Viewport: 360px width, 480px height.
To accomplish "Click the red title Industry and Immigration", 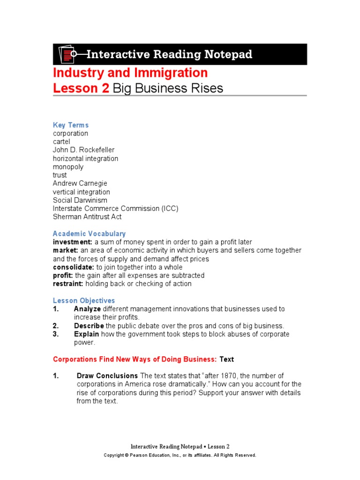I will click(130, 73).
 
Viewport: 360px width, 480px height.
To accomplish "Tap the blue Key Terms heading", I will click(71, 125).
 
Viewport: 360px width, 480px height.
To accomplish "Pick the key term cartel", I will click(61, 142).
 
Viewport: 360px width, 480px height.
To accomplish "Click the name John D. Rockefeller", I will click(83, 150).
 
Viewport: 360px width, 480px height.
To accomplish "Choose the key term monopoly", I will click(68, 167).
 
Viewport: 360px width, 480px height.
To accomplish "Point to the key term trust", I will click(60, 175).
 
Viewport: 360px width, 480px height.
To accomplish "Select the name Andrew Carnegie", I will click(80, 184).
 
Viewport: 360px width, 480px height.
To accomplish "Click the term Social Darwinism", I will click(80, 200).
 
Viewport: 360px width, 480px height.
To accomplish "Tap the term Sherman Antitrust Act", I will click(87, 217).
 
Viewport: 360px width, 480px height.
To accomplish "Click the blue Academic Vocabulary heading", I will click(89, 233).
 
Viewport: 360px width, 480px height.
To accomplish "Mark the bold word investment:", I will click(73, 242).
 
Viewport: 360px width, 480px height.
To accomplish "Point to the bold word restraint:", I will click(69, 284).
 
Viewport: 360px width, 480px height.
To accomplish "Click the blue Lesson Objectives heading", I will click(84, 300).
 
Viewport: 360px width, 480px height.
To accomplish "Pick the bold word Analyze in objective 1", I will click(87, 309).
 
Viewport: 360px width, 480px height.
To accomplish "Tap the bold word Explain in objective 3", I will click(86, 334).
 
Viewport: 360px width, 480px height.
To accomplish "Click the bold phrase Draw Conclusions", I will click(107, 376).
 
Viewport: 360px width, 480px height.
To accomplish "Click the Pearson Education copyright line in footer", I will click(180, 455).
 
